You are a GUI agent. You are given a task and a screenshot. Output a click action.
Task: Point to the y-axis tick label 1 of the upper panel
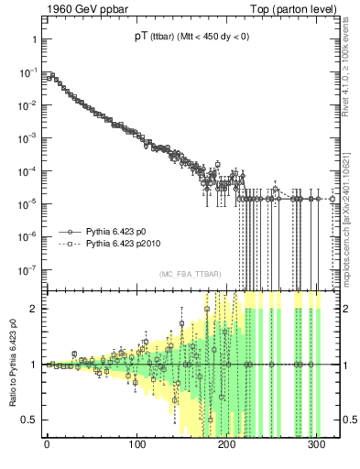(33, 39)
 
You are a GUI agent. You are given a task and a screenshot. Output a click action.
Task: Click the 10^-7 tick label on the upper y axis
(27, 269)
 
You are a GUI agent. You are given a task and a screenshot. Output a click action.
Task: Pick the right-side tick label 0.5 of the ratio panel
(349, 420)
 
